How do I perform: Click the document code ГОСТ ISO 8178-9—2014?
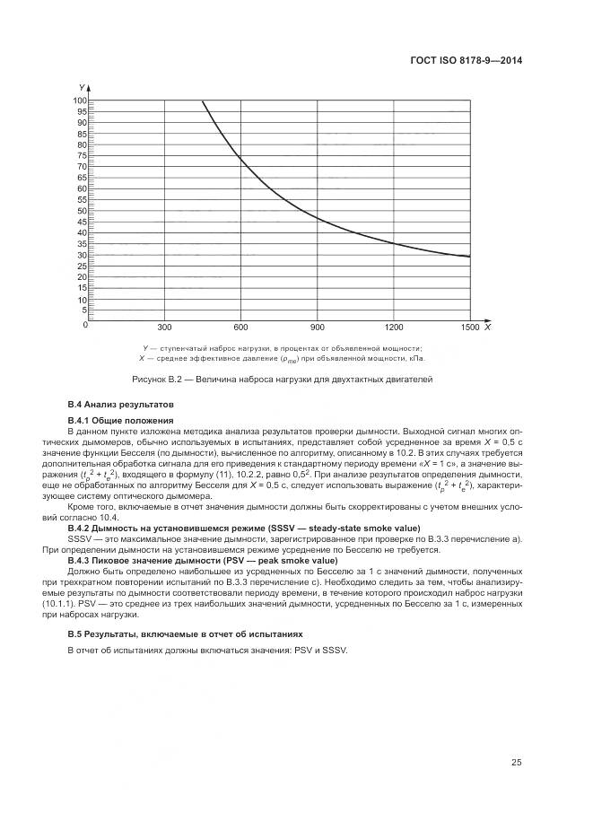467,61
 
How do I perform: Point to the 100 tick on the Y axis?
79,101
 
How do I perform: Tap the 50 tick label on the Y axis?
81,211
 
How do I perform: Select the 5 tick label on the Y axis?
83,310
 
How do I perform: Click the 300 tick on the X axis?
164,328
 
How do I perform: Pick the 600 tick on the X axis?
240,328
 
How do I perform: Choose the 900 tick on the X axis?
317,328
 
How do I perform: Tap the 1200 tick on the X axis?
393,328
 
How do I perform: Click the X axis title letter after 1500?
486,328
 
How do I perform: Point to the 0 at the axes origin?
85,325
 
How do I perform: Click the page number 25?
516,763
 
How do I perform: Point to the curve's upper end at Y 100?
203,101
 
